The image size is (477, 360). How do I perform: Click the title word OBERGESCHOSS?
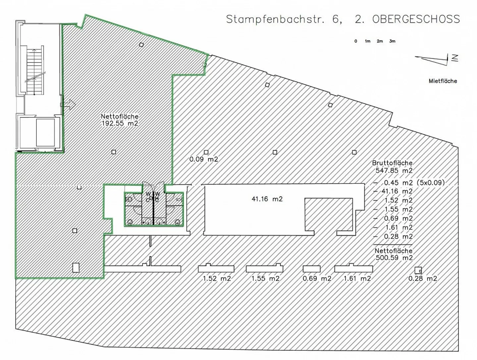tap(416, 19)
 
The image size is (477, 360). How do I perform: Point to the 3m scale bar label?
tap(392, 41)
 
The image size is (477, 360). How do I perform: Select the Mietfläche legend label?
tap(443, 81)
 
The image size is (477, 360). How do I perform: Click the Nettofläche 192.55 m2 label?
tap(120, 120)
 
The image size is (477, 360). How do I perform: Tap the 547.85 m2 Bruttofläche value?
tap(394, 171)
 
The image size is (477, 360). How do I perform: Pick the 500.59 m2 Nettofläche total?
tap(394, 258)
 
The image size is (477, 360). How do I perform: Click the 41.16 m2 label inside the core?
tap(267, 199)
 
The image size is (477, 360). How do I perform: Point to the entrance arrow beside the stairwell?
tap(68, 105)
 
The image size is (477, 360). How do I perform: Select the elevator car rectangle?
tap(45, 132)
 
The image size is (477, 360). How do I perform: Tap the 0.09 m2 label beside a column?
tap(204, 159)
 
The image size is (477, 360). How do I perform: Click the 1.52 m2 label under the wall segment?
tap(217, 279)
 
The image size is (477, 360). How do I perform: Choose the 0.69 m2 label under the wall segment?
tap(317, 279)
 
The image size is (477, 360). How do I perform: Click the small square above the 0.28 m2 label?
tap(418, 270)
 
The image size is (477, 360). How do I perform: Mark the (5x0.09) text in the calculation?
tap(431, 182)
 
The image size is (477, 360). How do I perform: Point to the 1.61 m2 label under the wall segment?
tap(357, 279)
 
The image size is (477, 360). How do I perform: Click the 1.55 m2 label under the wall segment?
tap(265, 279)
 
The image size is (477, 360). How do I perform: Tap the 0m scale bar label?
tap(356, 41)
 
